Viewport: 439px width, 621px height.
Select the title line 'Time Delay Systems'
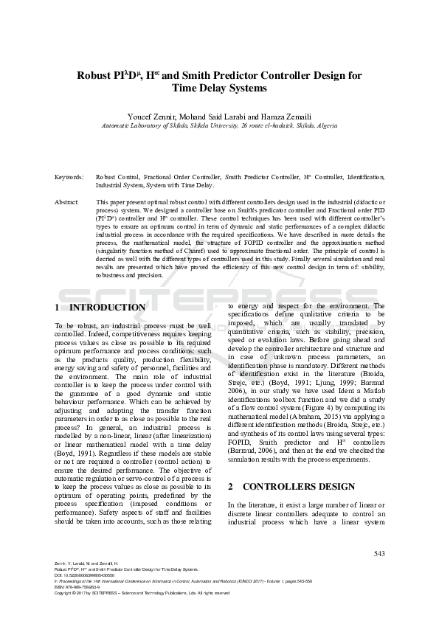tap(219, 89)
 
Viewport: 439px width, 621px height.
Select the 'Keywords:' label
tap(69, 178)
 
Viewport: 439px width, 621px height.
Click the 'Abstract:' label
tap(68, 201)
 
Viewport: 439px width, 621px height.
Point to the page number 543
tap(380, 553)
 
